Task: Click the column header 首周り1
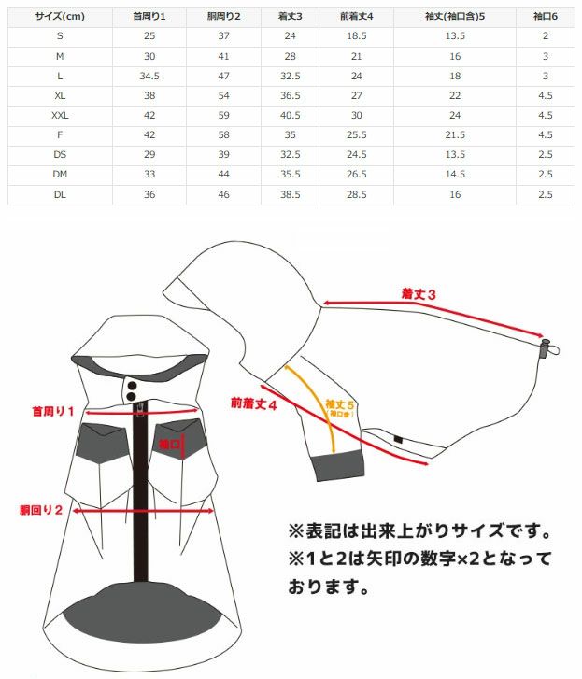coord(149,16)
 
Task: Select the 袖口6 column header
coord(546,16)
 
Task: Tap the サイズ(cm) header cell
coord(60,16)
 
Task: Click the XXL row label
coord(60,115)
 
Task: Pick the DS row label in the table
coord(60,155)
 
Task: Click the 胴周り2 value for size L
coord(222,76)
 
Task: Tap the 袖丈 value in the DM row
coord(455,175)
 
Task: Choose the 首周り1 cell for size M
coord(149,56)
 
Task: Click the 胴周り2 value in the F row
coord(222,135)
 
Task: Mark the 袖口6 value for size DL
coord(546,194)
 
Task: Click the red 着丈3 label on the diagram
coord(419,294)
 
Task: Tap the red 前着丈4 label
coord(254,404)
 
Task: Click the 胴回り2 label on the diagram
coord(41,510)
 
